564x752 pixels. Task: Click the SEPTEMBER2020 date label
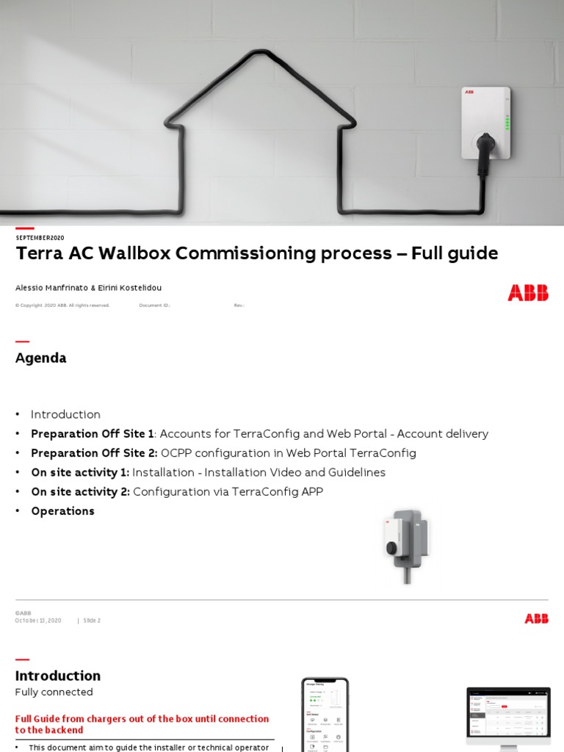pos(40,238)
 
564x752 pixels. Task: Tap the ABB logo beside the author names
pos(527,292)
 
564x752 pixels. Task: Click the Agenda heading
pos(40,358)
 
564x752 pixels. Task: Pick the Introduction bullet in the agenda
pos(65,414)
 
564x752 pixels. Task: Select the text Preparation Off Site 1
pos(93,433)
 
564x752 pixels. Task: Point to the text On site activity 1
pos(80,472)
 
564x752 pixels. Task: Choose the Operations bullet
pos(62,511)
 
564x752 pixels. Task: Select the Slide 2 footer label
pos(92,621)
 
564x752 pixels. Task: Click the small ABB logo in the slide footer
pos(536,619)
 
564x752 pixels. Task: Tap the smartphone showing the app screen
pos(325,715)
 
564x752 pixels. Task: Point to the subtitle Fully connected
pos(54,692)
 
